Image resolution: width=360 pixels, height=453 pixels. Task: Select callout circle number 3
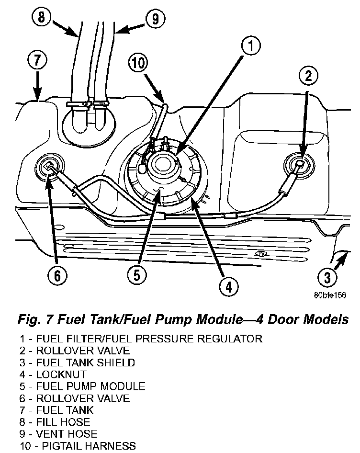[x=327, y=276]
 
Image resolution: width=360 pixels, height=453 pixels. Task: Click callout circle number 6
[x=57, y=275]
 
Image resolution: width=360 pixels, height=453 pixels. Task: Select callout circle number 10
[x=138, y=62]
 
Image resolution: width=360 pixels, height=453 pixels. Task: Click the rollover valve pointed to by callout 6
[x=49, y=167]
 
